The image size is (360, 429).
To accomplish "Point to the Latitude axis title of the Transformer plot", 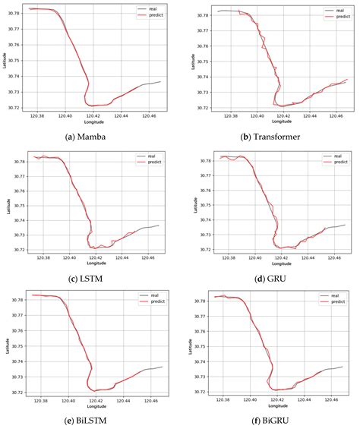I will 194,61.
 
